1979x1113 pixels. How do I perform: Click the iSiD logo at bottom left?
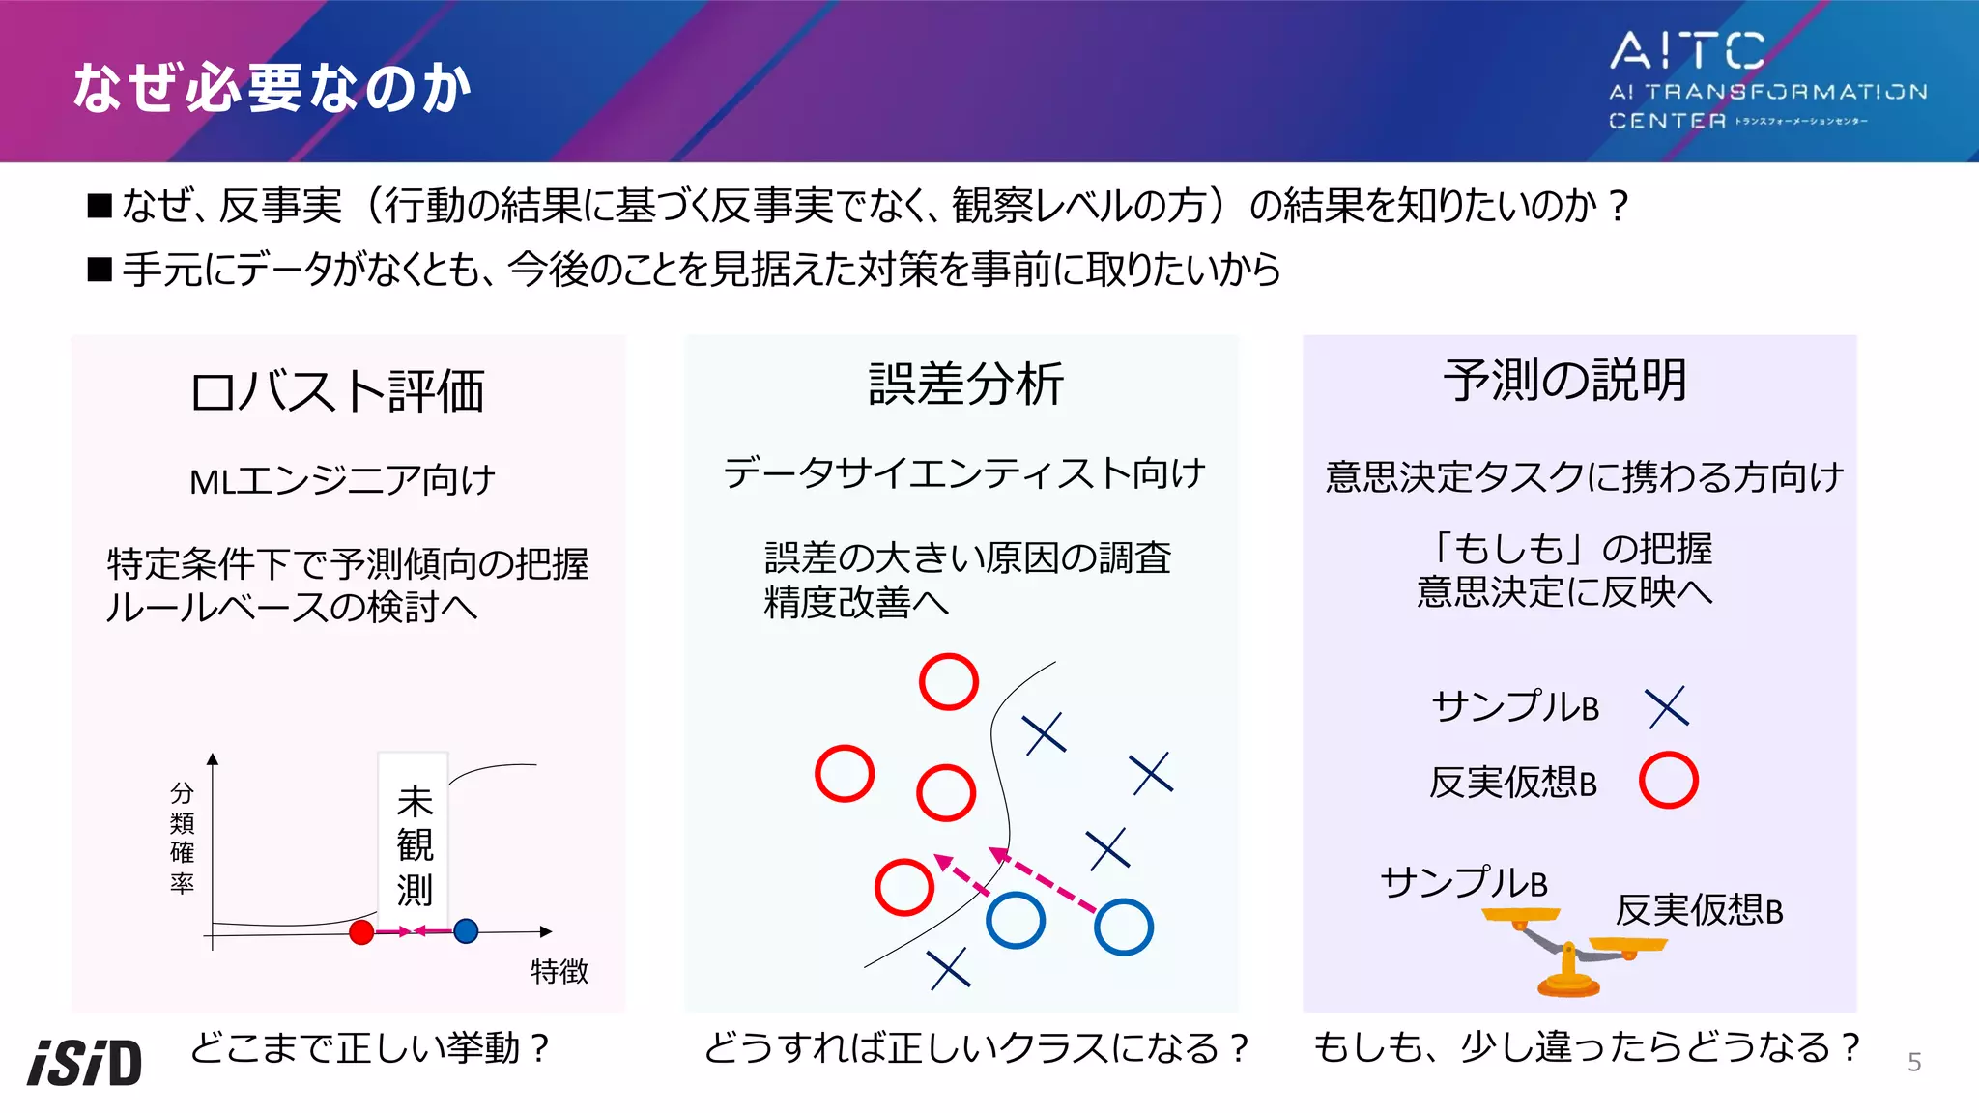tap(85, 1062)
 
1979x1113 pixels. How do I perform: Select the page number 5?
tap(1913, 1063)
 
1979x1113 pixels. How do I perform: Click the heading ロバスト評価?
tap(337, 391)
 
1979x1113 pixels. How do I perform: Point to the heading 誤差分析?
tap(965, 384)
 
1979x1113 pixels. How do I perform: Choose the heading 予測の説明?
tap(1564, 380)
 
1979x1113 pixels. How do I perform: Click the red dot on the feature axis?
tap(361, 931)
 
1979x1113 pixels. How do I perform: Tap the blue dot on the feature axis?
tap(466, 930)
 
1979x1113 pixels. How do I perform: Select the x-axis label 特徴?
tap(559, 971)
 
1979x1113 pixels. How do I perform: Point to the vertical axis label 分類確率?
tap(182, 838)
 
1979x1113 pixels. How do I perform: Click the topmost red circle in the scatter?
tap(948, 682)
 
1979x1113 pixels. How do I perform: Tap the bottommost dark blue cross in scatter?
tap(948, 968)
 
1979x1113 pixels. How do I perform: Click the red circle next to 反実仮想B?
tap(1668, 780)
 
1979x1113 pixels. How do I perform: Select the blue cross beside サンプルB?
tap(1667, 707)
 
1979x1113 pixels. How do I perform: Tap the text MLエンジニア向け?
tap(342, 480)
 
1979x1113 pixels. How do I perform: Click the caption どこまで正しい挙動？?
tap(370, 1047)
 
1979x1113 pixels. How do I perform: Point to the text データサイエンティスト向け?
tap(964, 473)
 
